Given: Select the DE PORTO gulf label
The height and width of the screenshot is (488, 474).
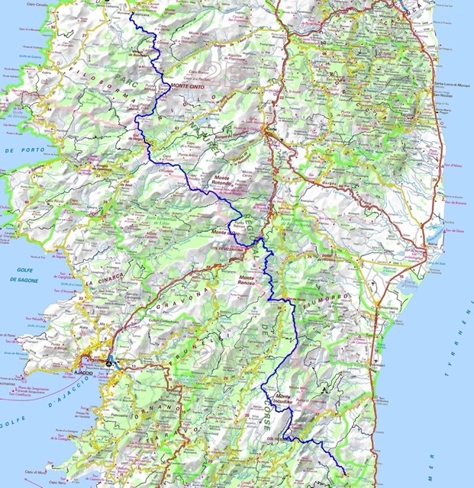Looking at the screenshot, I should point(20,151).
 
